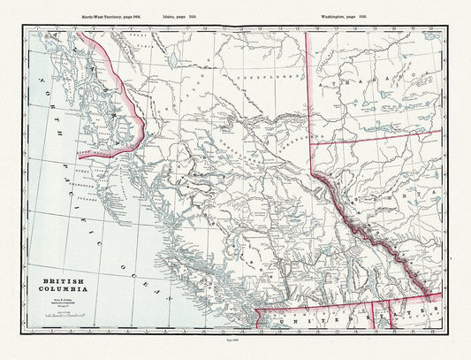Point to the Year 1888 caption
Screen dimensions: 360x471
234,351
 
